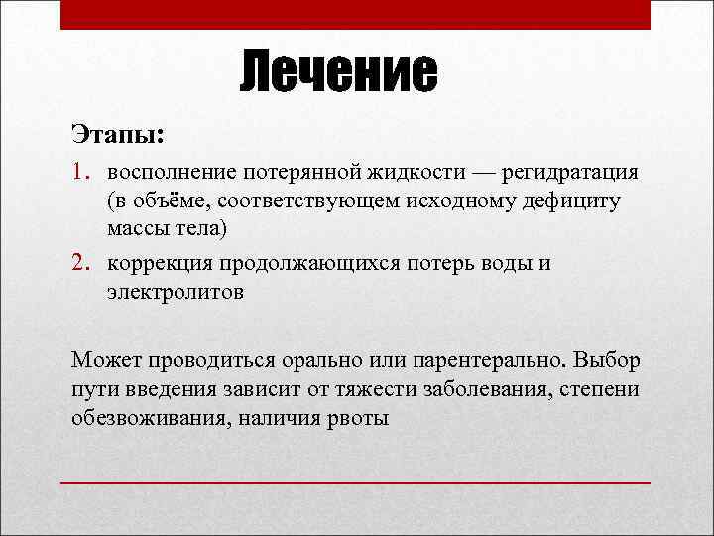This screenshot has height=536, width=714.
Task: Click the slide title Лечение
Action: (x=338, y=72)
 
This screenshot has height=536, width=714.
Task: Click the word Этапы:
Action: (x=118, y=132)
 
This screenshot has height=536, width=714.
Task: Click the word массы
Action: (x=135, y=229)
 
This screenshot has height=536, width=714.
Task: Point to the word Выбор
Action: (x=604, y=358)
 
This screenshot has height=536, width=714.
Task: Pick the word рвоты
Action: (x=357, y=417)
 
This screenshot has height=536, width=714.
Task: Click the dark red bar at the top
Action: (x=356, y=15)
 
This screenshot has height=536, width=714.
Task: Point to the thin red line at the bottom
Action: (x=356, y=482)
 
